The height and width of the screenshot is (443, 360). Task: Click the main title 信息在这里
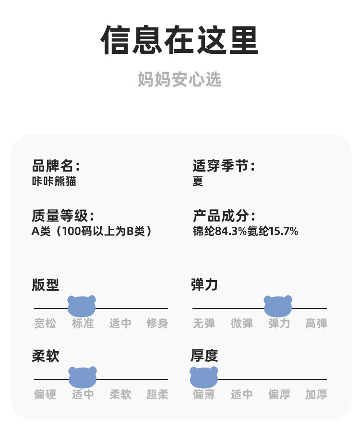tap(180, 40)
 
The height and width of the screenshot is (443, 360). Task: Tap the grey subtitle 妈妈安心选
tap(180, 79)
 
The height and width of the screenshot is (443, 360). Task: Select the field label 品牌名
tap(55, 166)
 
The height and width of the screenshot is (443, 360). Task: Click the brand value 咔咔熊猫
tap(54, 181)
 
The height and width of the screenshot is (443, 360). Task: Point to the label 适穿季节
tap(223, 166)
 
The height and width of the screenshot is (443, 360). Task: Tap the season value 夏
tap(198, 181)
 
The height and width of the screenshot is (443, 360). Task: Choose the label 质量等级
tap(62, 216)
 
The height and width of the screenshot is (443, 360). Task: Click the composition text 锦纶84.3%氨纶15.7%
tap(245, 231)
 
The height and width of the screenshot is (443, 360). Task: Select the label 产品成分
tap(223, 216)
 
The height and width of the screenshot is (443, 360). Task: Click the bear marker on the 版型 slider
tap(82, 306)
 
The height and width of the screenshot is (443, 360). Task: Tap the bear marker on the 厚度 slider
tap(204, 377)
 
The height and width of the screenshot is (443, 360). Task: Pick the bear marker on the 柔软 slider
tap(83, 377)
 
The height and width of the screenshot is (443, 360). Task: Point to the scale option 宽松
tap(45, 323)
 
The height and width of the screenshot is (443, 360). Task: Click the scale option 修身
tap(157, 323)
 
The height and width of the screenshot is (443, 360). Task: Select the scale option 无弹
tap(204, 323)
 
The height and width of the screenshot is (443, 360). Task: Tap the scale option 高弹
tap(316, 323)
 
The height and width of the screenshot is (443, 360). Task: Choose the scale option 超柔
tap(157, 394)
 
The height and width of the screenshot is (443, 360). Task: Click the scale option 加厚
tap(316, 394)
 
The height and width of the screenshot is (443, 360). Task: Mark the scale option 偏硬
tap(45, 394)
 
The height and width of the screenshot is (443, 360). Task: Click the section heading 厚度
tap(204, 356)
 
